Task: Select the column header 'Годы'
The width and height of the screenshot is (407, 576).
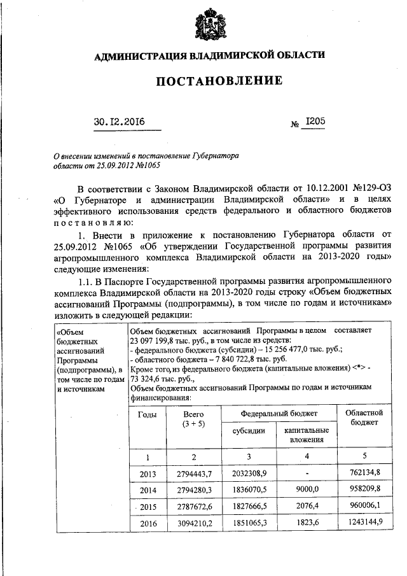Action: point(147,414)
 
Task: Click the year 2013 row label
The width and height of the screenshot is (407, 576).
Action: point(147,473)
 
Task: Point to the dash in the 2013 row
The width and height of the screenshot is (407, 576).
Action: point(307,474)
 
